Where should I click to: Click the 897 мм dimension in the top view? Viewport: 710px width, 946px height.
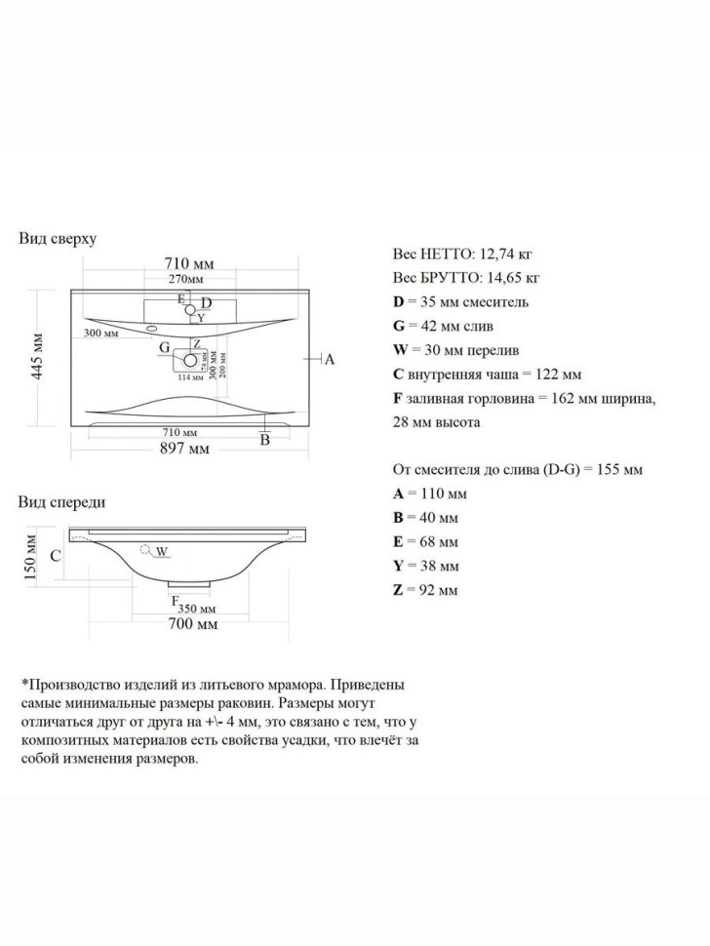tap(185, 448)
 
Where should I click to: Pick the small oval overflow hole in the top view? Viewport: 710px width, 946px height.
tap(153, 329)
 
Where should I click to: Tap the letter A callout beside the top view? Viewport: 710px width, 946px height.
tap(329, 360)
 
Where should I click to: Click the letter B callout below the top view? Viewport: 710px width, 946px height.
tap(263, 440)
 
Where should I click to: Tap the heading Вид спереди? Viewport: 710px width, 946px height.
tap(61, 502)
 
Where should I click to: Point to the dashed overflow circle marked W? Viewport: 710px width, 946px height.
tap(148, 551)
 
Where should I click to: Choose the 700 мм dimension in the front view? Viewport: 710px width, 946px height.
tap(191, 623)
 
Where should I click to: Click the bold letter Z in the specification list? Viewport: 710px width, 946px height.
tap(398, 590)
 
